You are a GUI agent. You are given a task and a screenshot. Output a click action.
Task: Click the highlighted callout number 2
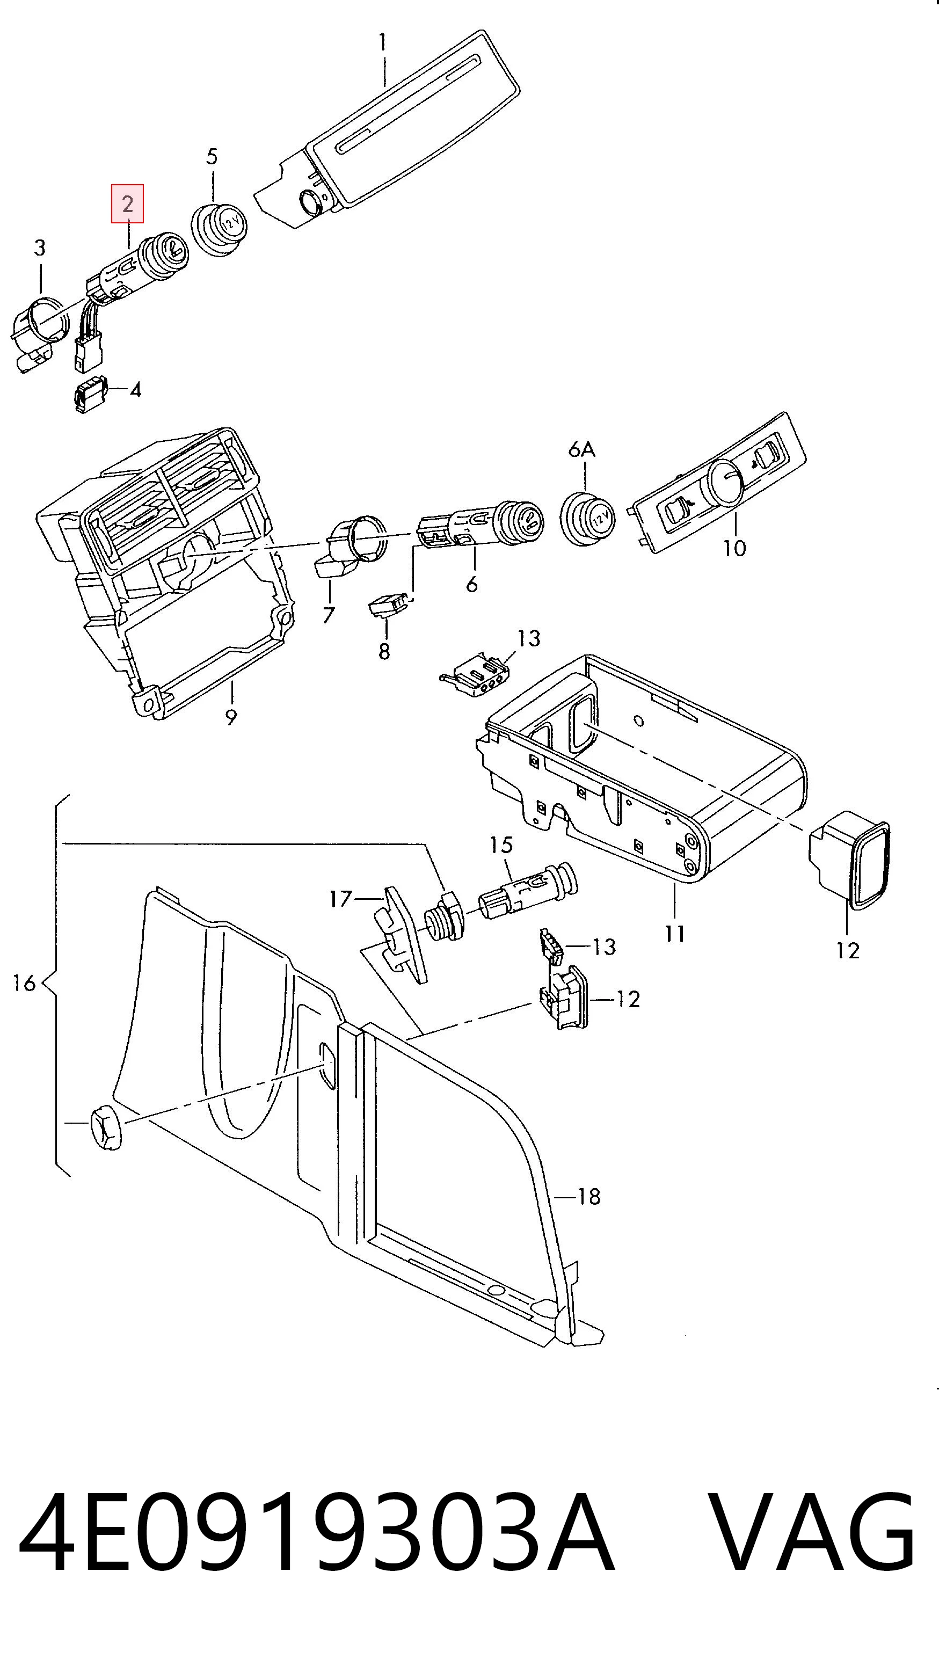pyautogui.click(x=127, y=204)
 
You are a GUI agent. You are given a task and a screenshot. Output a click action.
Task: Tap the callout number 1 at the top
pyautogui.click(x=382, y=43)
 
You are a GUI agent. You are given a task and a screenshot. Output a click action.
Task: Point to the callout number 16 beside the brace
pyautogui.click(x=24, y=984)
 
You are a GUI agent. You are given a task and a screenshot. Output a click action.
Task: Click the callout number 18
pyautogui.click(x=589, y=1197)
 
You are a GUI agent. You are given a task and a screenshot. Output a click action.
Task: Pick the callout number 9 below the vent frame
pyautogui.click(x=231, y=717)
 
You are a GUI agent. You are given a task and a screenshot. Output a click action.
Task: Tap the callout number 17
pyautogui.click(x=340, y=899)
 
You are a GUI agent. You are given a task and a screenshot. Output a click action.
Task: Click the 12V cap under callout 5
pyautogui.click(x=220, y=227)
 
